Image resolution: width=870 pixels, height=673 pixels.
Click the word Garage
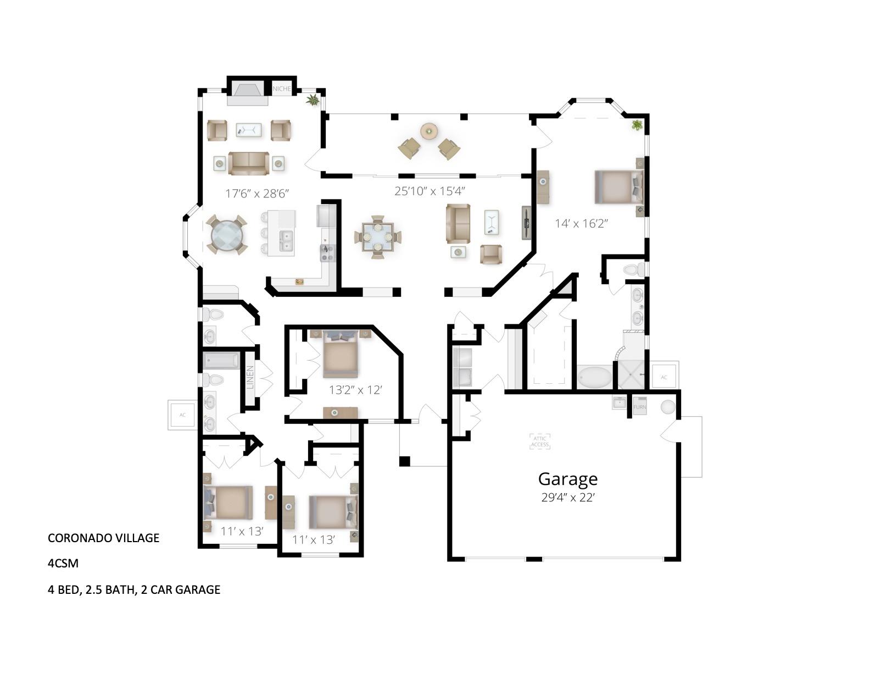(x=567, y=479)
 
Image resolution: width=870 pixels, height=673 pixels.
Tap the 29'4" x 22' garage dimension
(x=567, y=498)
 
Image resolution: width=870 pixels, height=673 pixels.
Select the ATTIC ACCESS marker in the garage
(x=539, y=441)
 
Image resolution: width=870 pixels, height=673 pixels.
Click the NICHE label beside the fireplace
(x=282, y=89)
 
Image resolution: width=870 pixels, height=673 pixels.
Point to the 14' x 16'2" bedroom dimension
(x=581, y=223)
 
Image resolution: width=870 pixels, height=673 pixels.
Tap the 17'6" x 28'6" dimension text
(x=257, y=193)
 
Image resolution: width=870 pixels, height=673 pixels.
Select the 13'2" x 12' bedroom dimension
(x=355, y=390)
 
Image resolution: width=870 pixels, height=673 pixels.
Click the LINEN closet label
(x=250, y=378)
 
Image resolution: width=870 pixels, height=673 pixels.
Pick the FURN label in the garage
(x=640, y=407)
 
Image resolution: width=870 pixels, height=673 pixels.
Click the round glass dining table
(x=226, y=235)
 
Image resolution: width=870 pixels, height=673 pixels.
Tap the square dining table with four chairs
(x=377, y=237)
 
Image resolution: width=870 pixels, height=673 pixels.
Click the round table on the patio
(x=429, y=131)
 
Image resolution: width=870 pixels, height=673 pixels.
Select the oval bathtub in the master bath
(x=594, y=378)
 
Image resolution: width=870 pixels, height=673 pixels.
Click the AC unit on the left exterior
(x=182, y=415)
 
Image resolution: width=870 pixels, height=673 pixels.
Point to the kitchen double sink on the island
(x=286, y=241)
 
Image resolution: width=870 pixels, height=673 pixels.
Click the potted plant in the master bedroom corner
(x=637, y=125)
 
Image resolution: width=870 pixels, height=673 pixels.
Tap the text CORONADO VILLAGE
(x=103, y=538)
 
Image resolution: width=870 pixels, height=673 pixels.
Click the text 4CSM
(x=63, y=564)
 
